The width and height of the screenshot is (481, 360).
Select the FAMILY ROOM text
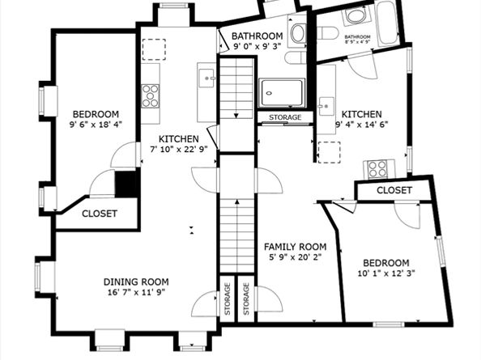pos(296,247)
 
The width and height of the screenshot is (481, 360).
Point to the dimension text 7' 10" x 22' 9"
pos(173,149)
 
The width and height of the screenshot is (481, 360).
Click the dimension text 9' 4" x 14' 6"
pos(361,125)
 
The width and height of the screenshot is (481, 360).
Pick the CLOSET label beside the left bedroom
pos(100,214)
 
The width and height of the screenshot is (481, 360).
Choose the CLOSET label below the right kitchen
pos(394,190)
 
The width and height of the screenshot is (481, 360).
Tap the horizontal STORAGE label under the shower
pos(280,117)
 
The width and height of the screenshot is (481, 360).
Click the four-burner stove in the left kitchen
pos(151,95)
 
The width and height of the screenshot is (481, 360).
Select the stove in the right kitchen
pos(377,169)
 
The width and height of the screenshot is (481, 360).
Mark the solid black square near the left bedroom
pos(126,184)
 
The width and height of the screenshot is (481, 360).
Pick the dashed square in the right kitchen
pos(329,152)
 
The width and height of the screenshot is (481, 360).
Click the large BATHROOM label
pos(257,36)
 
